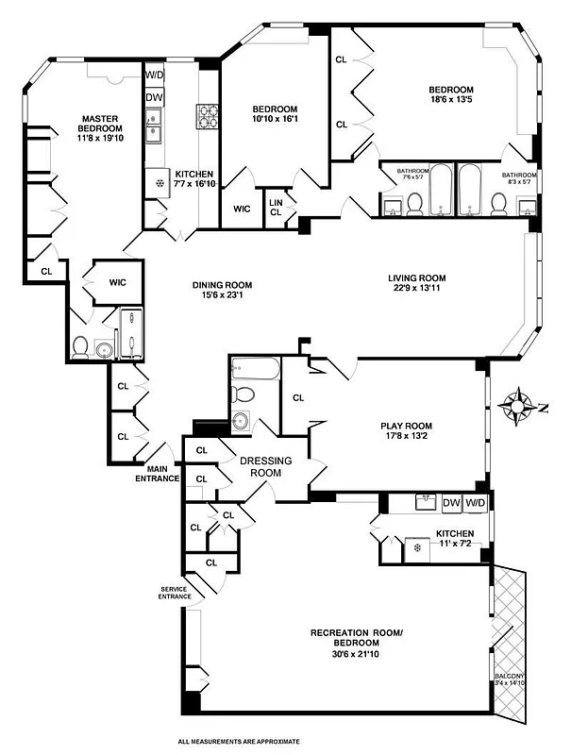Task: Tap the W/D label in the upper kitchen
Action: point(155,75)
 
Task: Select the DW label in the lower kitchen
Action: point(451,502)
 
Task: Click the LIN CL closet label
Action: point(277,207)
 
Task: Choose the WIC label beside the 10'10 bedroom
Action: point(242,209)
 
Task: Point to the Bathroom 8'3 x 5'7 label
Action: point(519,178)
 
